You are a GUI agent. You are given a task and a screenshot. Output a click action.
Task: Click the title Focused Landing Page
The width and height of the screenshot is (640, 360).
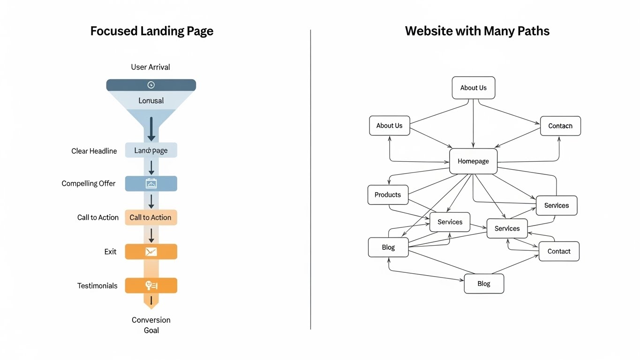click(151, 31)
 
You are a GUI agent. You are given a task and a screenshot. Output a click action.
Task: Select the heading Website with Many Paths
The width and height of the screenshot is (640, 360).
click(477, 31)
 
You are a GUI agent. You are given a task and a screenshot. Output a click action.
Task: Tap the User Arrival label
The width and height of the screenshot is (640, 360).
click(151, 67)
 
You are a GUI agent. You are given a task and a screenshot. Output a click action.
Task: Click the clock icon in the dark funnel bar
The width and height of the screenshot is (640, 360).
click(151, 85)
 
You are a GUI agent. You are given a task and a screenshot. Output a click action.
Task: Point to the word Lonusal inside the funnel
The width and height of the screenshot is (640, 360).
click(151, 101)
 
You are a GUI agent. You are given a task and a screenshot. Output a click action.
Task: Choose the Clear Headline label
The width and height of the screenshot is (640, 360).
click(94, 151)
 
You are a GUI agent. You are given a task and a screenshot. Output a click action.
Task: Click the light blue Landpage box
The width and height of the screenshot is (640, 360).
click(151, 150)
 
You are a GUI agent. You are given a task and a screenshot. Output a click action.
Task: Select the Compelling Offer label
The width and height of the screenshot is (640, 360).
click(88, 184)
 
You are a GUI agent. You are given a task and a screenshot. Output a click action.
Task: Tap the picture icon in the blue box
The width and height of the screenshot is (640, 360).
click(151, 184)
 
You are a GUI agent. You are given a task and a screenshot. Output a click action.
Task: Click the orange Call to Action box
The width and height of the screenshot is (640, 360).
click(151, 217)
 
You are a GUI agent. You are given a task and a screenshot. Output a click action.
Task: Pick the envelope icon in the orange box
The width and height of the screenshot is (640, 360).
click(151, 252)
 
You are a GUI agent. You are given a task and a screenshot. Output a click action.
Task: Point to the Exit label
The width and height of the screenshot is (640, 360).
click(110, 252)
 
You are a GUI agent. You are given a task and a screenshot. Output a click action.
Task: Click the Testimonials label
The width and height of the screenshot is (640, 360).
click(97, 285)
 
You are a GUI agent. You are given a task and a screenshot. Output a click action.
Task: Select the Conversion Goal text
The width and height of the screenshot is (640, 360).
click(151, 325)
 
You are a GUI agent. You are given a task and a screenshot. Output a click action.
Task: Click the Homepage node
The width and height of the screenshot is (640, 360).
click(473, 161)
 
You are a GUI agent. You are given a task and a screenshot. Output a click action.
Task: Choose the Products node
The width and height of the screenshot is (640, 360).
click(388, 195)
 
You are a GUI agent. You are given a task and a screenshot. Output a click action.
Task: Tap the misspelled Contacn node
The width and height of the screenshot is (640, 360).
click(560, 126)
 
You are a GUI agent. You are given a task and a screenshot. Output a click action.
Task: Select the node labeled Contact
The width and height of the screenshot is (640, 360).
click(559, 251)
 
